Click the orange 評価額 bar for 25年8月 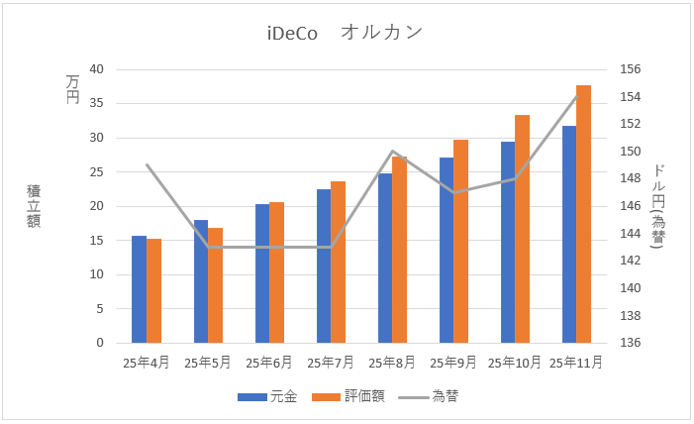pos(399,250)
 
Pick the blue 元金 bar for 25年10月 pos(508,243)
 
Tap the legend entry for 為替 pos(427,396)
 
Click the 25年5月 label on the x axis pos(207,363)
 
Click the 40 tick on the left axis pos(96,69)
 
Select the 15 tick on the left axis pos(96,241)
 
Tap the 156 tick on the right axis pos(632,69)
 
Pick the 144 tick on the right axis pos(632,234)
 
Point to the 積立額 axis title pos(34,206)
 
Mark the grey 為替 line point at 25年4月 pos(147,164)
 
